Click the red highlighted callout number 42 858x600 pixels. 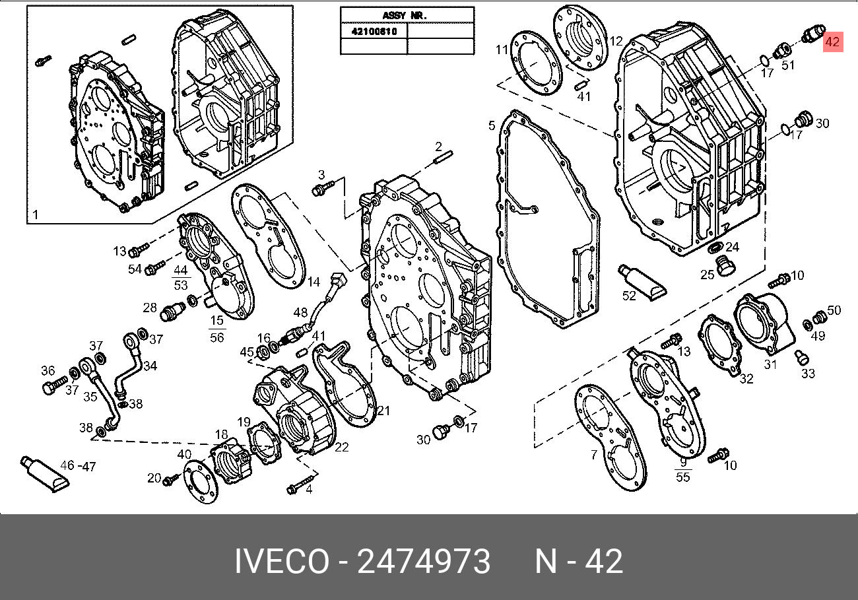833,42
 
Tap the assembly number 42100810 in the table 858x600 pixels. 374,32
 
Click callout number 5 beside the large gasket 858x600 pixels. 492,125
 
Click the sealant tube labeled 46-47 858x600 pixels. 44,473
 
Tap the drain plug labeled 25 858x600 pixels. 725,265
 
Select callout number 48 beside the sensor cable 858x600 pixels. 300,312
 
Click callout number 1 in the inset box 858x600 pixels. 36,215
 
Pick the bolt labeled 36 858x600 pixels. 54,385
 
